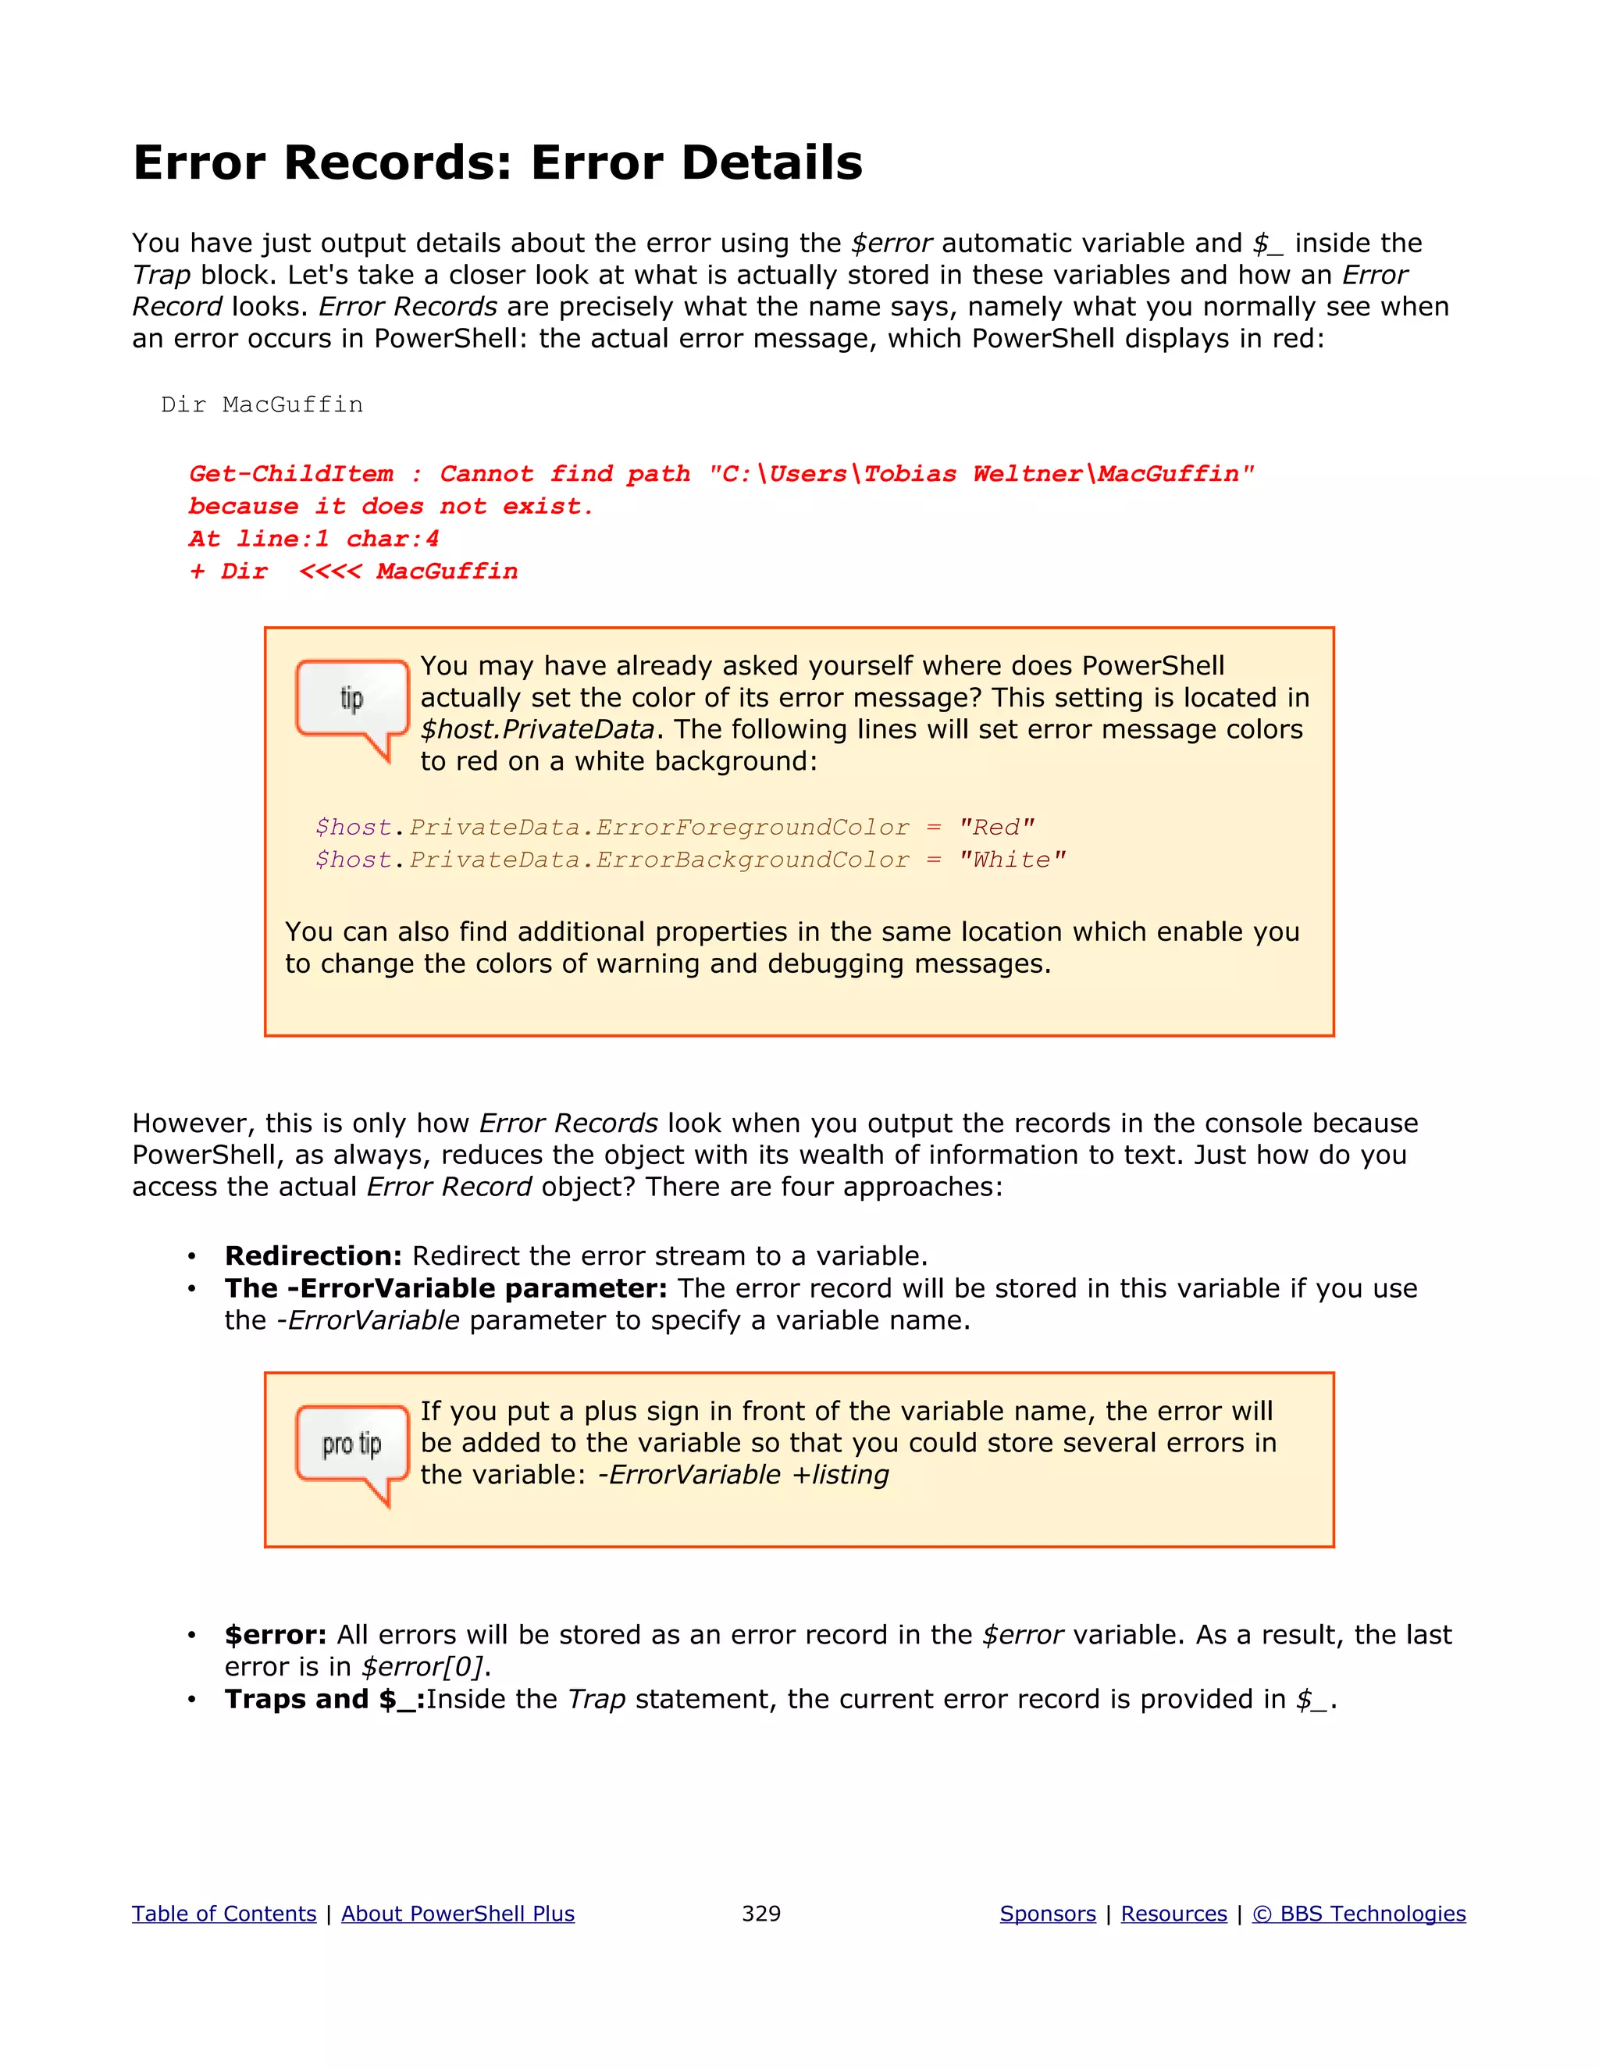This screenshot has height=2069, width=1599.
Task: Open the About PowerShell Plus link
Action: (458, 1914)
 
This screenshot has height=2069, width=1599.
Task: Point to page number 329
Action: (760, 1914)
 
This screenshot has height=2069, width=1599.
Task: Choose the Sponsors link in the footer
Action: (1048, 1914)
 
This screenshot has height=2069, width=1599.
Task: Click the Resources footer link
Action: (1173, 1914)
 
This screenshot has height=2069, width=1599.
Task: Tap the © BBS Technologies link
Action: (1359, 1914)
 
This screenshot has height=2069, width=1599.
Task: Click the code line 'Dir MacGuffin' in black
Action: (262, 405)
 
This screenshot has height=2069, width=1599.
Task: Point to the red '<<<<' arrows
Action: (329, 572)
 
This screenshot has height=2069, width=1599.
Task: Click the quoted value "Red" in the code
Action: (995, 828)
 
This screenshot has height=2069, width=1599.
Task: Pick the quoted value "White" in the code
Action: (1012, 860)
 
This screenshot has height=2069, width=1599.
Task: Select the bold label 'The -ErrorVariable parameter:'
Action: (445, 1288)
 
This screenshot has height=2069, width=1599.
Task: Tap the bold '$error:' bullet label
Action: (275, 1635)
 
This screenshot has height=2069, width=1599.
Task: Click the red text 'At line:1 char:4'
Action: (314, 539)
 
